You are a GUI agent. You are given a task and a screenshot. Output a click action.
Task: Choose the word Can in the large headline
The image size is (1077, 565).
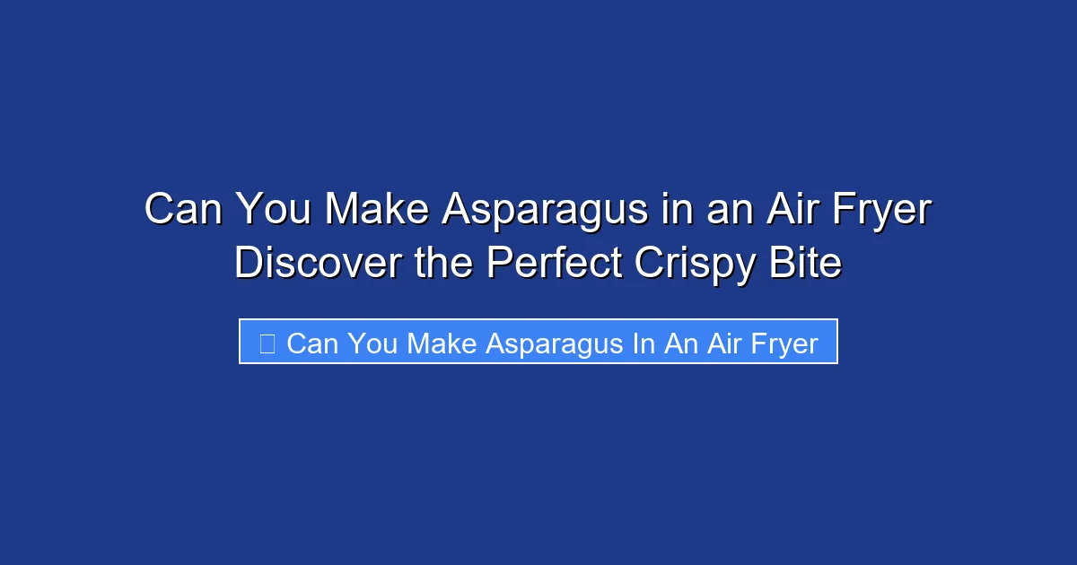[x=184, y=211]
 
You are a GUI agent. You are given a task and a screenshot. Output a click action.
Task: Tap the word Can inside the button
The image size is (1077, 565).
[x=311, y=343]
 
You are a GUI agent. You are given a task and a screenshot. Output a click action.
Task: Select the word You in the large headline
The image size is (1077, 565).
[x=274, y=211]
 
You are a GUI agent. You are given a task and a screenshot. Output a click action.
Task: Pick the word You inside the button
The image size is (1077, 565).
[x=372, y=343]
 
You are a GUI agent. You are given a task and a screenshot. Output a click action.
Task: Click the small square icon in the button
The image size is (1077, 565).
[x=267, y=343]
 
